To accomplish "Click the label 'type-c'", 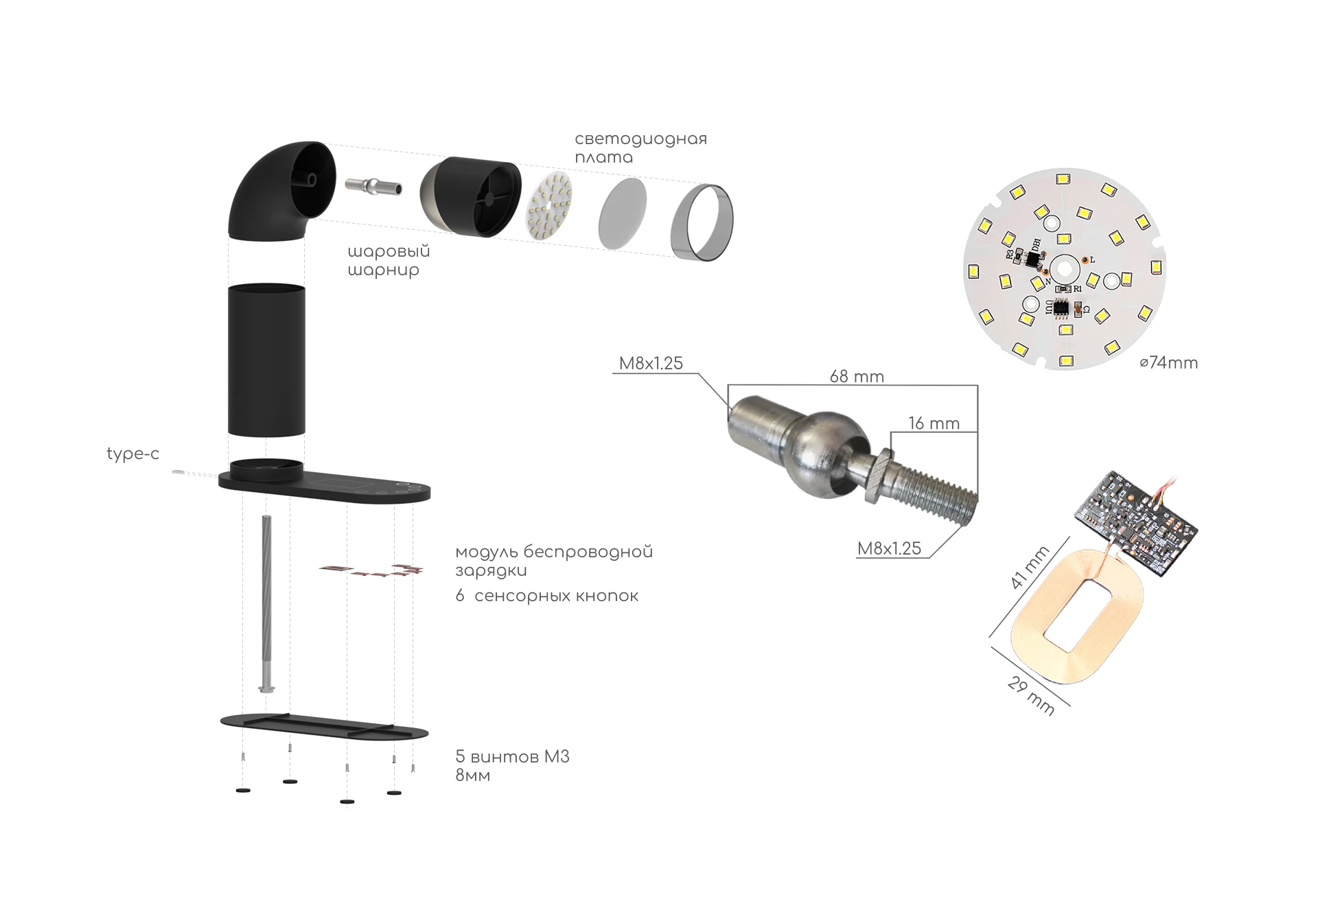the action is click(x=132, y=454).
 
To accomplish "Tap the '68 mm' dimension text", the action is click(x=857, y=376).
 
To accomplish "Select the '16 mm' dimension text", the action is click(x=934, y=423).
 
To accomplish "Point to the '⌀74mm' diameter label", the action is click(x=1168, y=363).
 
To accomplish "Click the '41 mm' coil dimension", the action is click(x=1030, y=567).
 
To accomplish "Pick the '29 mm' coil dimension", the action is click(x=1031, y=696).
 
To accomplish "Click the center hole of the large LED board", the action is click(x=1063, y=268).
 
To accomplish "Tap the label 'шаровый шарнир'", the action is click(x=389, y=261).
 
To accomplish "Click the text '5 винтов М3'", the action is click(x=512, y=757).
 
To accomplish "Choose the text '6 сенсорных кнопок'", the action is click(x=546, y=596).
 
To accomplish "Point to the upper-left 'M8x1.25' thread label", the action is click(x=651, y=363).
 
